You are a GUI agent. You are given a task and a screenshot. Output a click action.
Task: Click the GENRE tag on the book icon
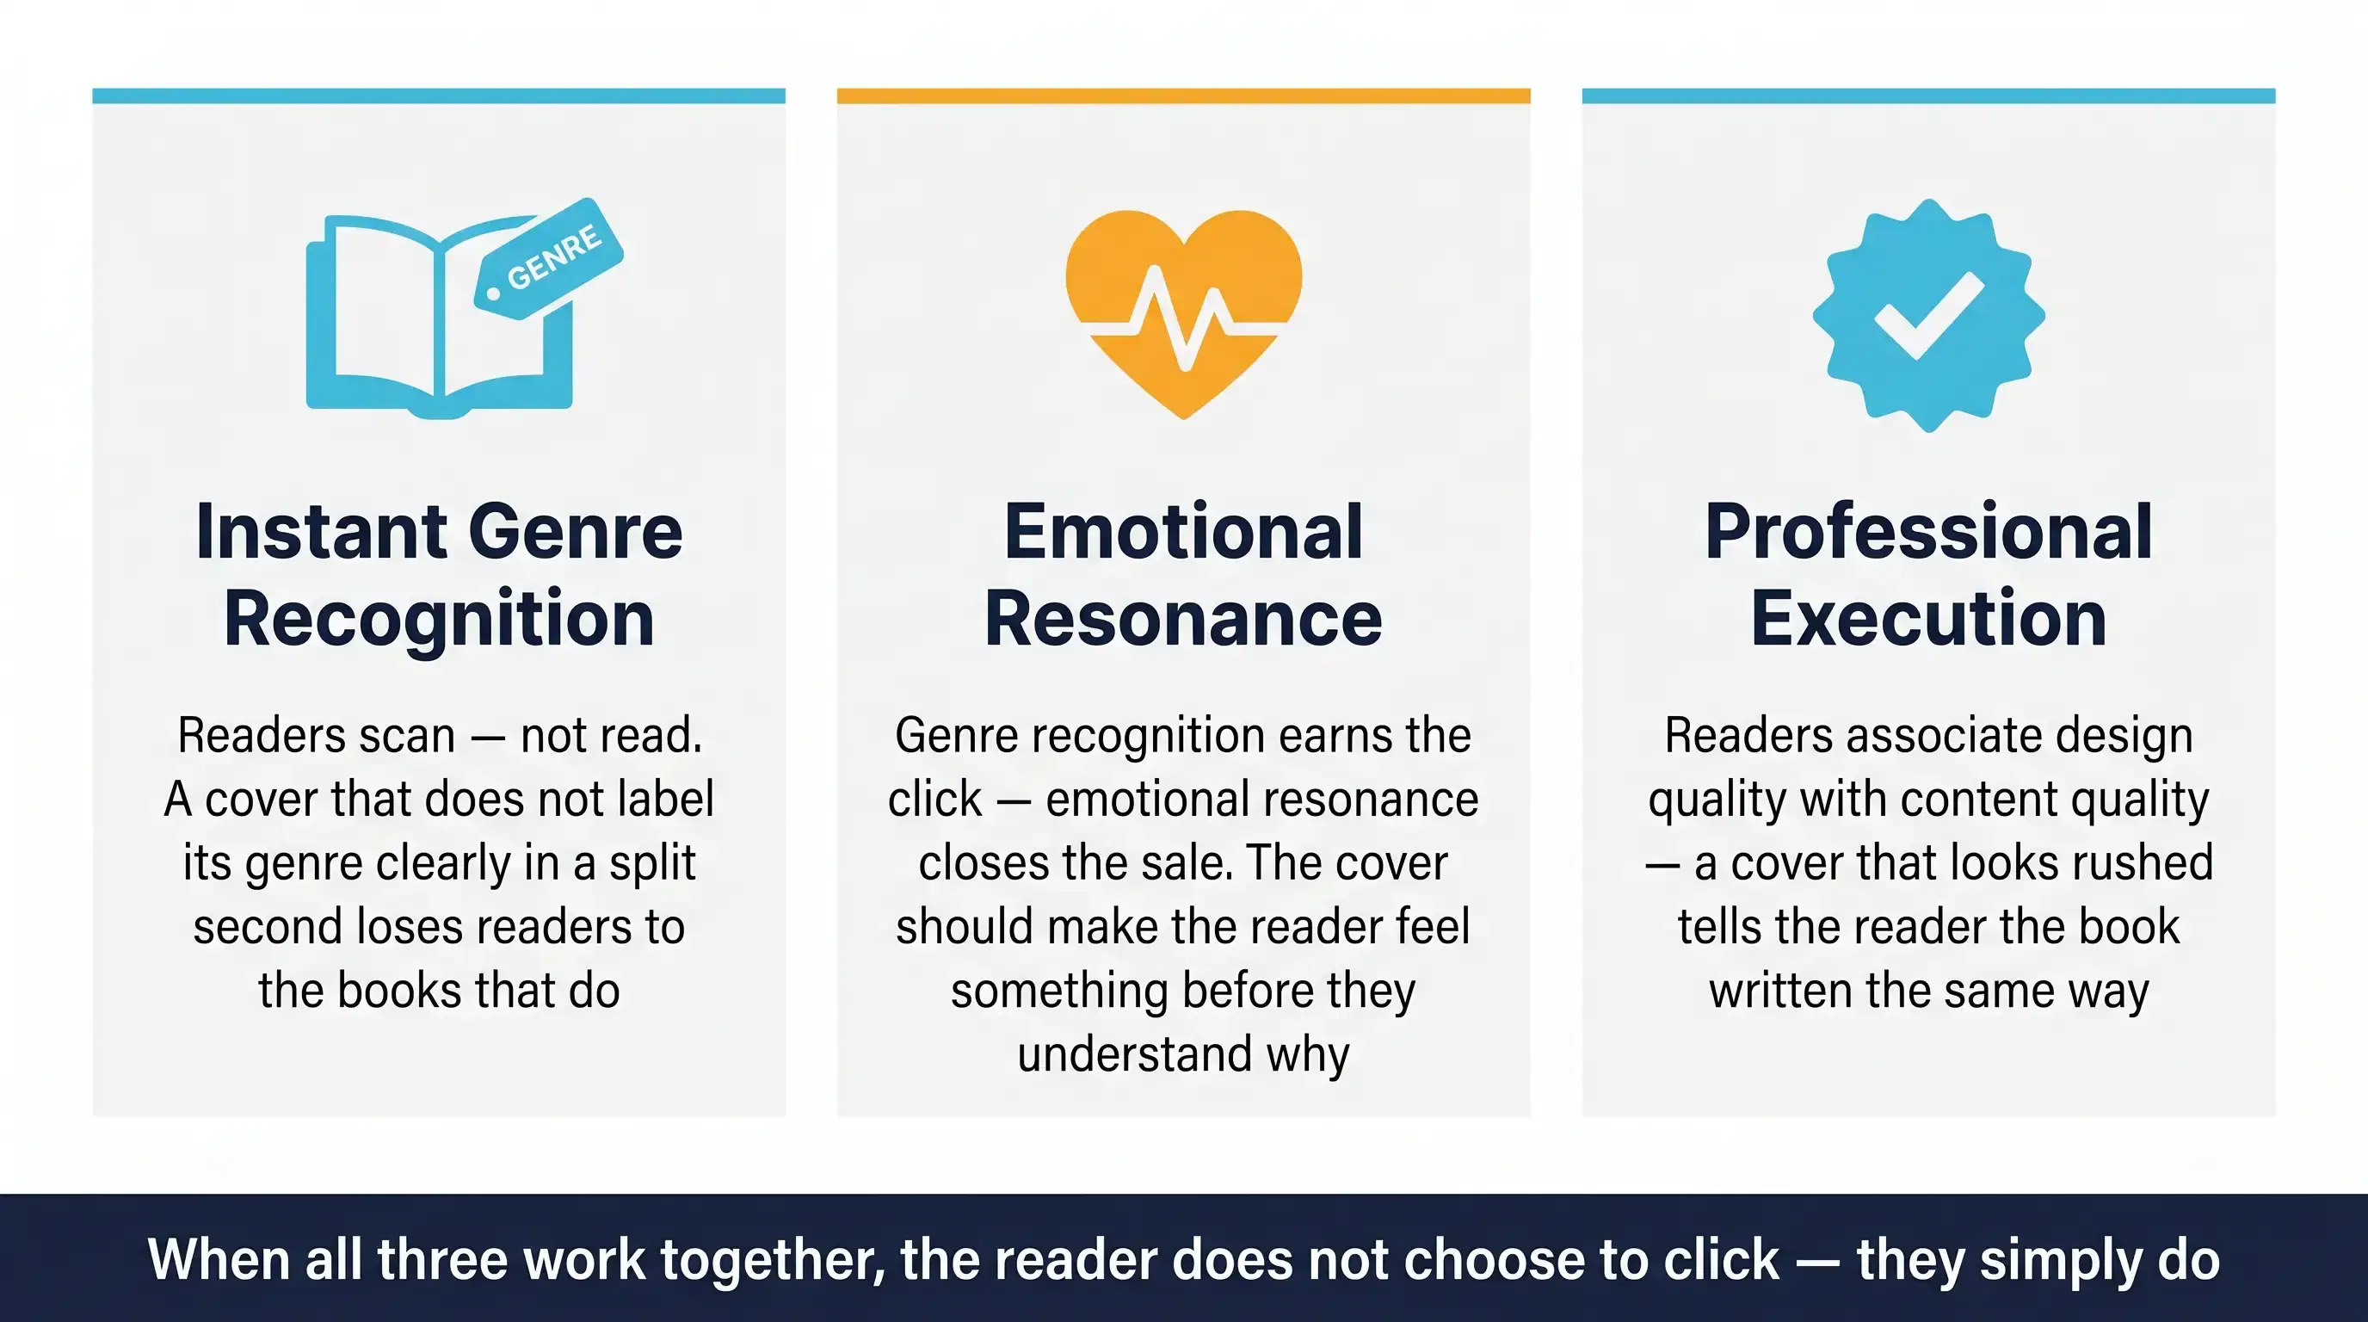click(x=549, y=258)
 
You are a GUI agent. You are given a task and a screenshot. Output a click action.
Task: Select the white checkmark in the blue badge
click(x=1928, y=314)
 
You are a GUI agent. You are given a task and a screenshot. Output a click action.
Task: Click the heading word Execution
click(x=1928, y=619)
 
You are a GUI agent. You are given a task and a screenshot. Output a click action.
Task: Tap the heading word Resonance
click(x=1184, y=619)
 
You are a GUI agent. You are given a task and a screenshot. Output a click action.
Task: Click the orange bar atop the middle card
click(x=1184, y=96)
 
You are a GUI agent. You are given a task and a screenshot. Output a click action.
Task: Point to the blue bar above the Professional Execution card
click(x=1928, y=96)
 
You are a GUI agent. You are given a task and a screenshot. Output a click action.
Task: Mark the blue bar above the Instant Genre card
click(x=440, y=96)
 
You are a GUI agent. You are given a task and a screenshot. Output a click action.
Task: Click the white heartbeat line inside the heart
click(x=1184, y=318)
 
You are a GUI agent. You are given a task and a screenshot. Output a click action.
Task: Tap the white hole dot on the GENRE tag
click(x=493, y=294)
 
